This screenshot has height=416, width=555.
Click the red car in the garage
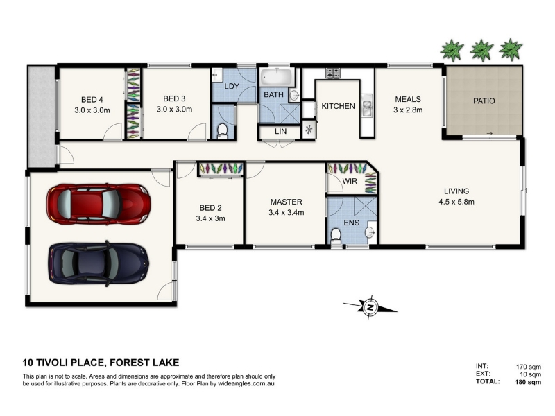coord(99,204)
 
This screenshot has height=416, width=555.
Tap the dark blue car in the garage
coord(99,263)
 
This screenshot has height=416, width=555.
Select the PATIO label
coord(484,101)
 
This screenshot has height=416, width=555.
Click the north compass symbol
coord(370,307)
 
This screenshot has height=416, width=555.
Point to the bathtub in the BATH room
coord(277,77)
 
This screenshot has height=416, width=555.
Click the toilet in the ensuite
coord(336,236)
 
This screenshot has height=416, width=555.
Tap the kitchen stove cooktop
coord(333,73)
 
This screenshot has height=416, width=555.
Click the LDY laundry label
coord(232,86)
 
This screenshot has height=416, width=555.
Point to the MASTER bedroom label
coord(287,202)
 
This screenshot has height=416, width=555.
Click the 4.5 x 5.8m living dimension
coord(456,202)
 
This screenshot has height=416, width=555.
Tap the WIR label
coord(350,181)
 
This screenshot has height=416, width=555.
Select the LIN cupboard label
coord(281,131)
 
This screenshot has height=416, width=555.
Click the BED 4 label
coord(92,100)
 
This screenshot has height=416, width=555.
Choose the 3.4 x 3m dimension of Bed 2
coord(211,218)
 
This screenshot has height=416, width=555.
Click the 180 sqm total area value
coord(528,382)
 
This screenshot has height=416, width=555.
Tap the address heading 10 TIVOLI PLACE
coord(63,363)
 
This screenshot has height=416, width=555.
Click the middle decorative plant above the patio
coord(481,50)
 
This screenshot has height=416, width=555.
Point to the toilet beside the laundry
coord(222,130)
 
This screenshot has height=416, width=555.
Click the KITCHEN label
coord(338,106)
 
